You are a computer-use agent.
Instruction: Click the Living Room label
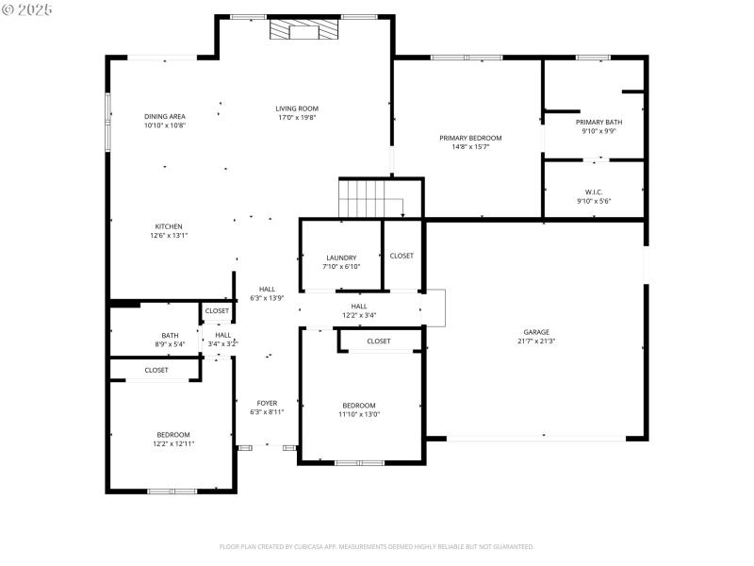click(297, 108)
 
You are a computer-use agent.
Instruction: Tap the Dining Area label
click(165, 116)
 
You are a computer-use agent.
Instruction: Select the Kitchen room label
click(169, 226)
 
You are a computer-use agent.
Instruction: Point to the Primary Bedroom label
click(470, 138)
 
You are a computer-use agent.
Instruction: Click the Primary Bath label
click(598, 122)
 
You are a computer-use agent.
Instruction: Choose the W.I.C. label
click(594, 192)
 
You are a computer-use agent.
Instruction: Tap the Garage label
click(536, 332)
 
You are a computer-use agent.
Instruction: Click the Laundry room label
click(340, 258)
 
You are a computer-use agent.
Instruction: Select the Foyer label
click(267, 403)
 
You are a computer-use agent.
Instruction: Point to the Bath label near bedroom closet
click(170, 335)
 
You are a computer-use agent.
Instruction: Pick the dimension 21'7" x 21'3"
click(536, 341)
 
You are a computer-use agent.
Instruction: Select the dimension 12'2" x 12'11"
click(173, 443)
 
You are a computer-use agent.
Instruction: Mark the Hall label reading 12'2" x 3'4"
click(359, 310)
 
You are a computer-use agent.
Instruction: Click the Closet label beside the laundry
click(402, 256)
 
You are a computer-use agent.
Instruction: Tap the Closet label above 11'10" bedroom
click(379, 341)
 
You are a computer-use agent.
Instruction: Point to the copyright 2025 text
click(28, 8)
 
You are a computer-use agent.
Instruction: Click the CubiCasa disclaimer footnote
click(377, 546)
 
